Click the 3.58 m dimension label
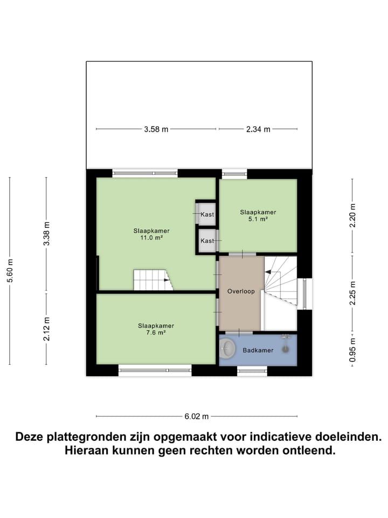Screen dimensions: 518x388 (x=156, y=129)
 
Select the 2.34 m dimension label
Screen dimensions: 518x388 (x=258, y=129)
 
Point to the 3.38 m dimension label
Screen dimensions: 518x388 (x=47, y=234)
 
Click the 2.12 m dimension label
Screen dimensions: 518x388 (x=47, y=329)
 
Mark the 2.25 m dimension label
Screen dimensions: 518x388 (x=352, y=294)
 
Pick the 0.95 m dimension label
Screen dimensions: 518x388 (x=352, y=350)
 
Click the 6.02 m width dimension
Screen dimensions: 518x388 (x=196, y=416)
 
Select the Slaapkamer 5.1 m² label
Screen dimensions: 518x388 (x=258, y=215)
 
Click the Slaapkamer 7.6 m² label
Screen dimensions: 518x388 (x=155, y=329)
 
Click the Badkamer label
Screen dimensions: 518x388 (x=258, y=350)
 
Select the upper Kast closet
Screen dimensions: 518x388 (x=206, y=214)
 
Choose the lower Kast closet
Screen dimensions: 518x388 (x=206, y=241)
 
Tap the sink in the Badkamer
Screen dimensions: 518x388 (x=227, y=350)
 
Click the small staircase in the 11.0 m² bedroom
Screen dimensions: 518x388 (x=153, y=280)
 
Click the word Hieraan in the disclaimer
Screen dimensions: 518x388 (x=88, y=450)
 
